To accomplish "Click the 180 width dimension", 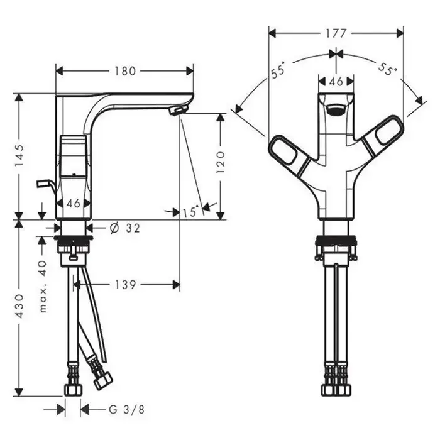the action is [x=125, y=71].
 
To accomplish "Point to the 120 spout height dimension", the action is [x=221, y=162].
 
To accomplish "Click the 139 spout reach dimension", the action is [x=126, y=285].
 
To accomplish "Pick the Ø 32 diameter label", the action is [x=124, y=228].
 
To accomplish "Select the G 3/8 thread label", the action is [x=126, y=410].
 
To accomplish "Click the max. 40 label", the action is [x=43, y=287].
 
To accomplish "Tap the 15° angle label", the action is [x=190, y=212].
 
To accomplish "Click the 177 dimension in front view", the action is [x=336, y=34].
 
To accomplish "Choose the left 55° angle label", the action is [x=278, y=69].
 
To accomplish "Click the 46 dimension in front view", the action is [x=336, y=81].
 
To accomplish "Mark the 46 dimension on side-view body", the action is [x=74, y=203].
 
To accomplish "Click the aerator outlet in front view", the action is [x=336, y=110].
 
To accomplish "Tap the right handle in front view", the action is [x=383, y=136].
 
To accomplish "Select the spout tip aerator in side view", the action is [x=179, y=110].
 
